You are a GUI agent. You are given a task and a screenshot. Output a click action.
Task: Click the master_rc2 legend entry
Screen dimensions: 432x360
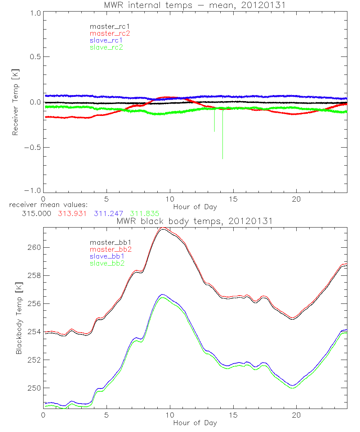110,33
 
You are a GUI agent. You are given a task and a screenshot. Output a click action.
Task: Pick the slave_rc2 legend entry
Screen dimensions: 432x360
106,47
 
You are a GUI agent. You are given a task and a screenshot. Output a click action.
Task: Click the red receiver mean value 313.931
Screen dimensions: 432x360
72,213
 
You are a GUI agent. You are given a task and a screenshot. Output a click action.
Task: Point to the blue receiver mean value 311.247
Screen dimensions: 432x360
108,213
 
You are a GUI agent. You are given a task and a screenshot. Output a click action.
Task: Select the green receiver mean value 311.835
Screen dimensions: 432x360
145,213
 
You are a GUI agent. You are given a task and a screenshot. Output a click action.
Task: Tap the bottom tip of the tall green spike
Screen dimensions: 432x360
223,158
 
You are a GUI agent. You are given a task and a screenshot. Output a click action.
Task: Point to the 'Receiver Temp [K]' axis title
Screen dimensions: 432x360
15,102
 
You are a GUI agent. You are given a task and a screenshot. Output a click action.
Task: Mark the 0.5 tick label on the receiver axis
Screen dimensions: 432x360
35,57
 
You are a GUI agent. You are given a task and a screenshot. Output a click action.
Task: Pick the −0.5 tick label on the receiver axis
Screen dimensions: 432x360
33,147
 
